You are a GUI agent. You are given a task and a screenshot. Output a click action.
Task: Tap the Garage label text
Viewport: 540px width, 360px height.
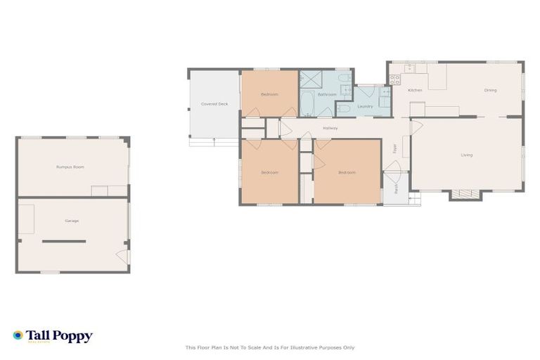tap(72, 221)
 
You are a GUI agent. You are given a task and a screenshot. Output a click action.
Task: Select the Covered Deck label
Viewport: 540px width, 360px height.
tap(214, 104)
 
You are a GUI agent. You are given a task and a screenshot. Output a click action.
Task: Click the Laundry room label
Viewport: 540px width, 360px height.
tap(365, 106)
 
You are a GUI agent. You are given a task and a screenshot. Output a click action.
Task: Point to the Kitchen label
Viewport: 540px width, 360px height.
tap(415, 90)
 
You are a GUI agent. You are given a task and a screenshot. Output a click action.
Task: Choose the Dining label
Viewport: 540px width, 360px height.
tap(490, 90)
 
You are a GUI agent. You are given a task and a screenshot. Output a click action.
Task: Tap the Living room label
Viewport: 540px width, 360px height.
tap(466, 155)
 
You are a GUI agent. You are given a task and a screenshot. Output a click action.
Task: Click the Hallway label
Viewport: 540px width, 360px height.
tap(330, 128)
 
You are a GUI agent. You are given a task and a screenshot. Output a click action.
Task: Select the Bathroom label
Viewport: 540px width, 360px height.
tap(327, 94)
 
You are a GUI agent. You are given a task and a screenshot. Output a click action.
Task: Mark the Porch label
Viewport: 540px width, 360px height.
tap(396, 188)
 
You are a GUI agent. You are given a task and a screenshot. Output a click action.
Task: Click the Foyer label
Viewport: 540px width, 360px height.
tap(394, 148)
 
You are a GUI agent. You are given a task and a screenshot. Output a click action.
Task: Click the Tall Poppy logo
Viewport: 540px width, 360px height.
tap(53, 336)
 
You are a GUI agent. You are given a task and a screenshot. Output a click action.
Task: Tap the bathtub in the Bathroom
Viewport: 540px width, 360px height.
tap(307, 105)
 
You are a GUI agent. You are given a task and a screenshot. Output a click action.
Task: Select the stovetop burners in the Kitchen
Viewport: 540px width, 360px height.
tap(394, 79)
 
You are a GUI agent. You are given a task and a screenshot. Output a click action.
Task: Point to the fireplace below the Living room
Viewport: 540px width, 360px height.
tap(464, 195)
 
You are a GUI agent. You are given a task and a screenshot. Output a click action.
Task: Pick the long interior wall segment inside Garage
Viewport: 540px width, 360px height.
tap(63, 241)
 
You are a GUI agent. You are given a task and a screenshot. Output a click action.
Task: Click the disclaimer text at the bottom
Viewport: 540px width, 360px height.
tap(270, 347)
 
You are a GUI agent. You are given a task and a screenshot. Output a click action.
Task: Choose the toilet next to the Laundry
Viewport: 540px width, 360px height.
tap(344, 108)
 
